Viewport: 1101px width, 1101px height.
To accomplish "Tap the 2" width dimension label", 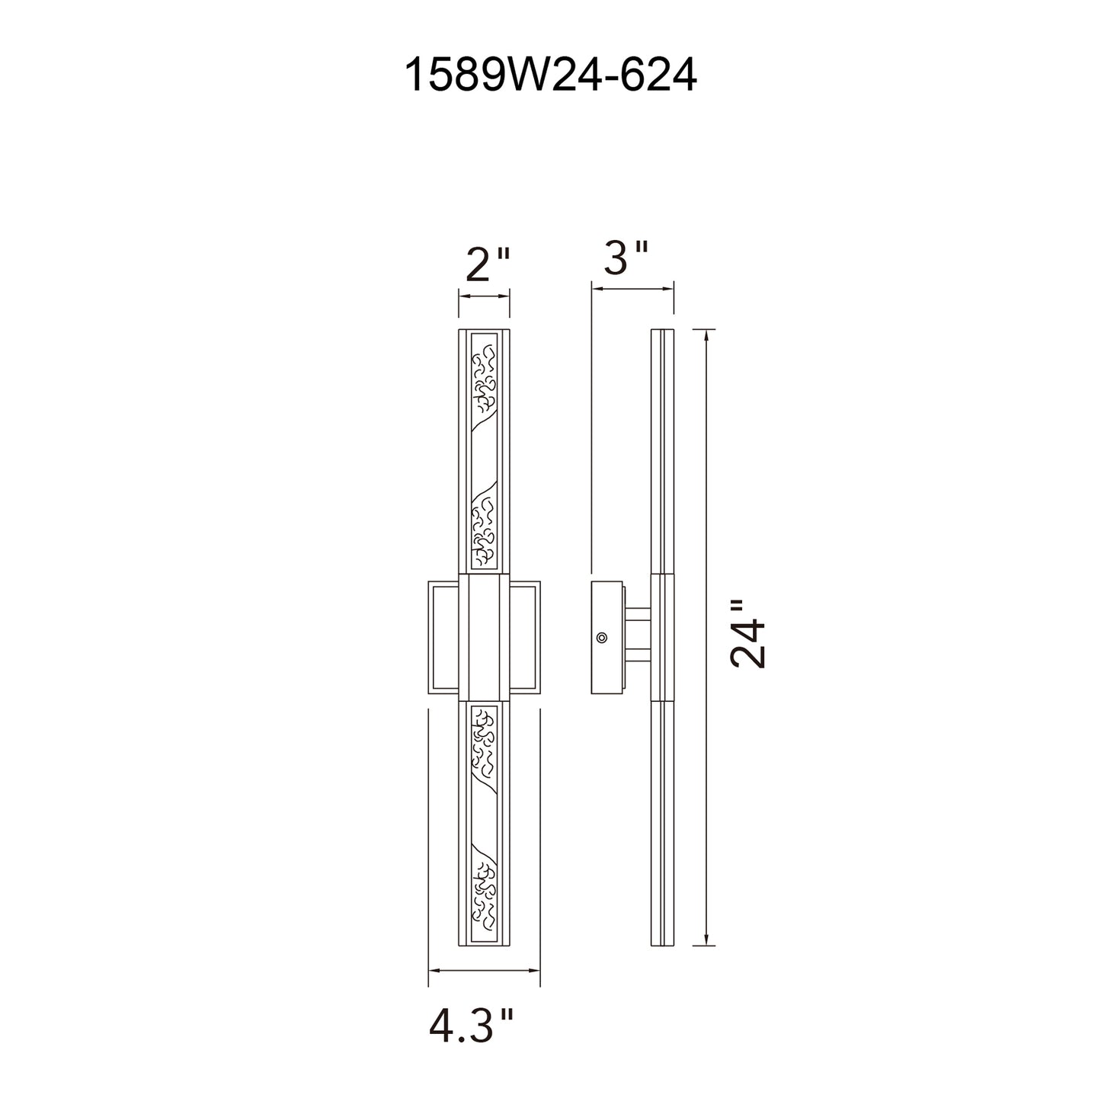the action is [x=487, y=264].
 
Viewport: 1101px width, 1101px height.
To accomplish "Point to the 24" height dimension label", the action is [x=748, y=634].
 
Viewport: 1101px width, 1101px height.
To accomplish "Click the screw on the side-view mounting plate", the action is [x=601, y=638].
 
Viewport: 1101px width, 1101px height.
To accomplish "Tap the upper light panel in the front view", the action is [x=484, y=451].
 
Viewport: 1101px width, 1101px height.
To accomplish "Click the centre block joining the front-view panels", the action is [x=484, y=637].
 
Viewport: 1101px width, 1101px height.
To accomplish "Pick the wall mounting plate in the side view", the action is [x=607, y=638].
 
